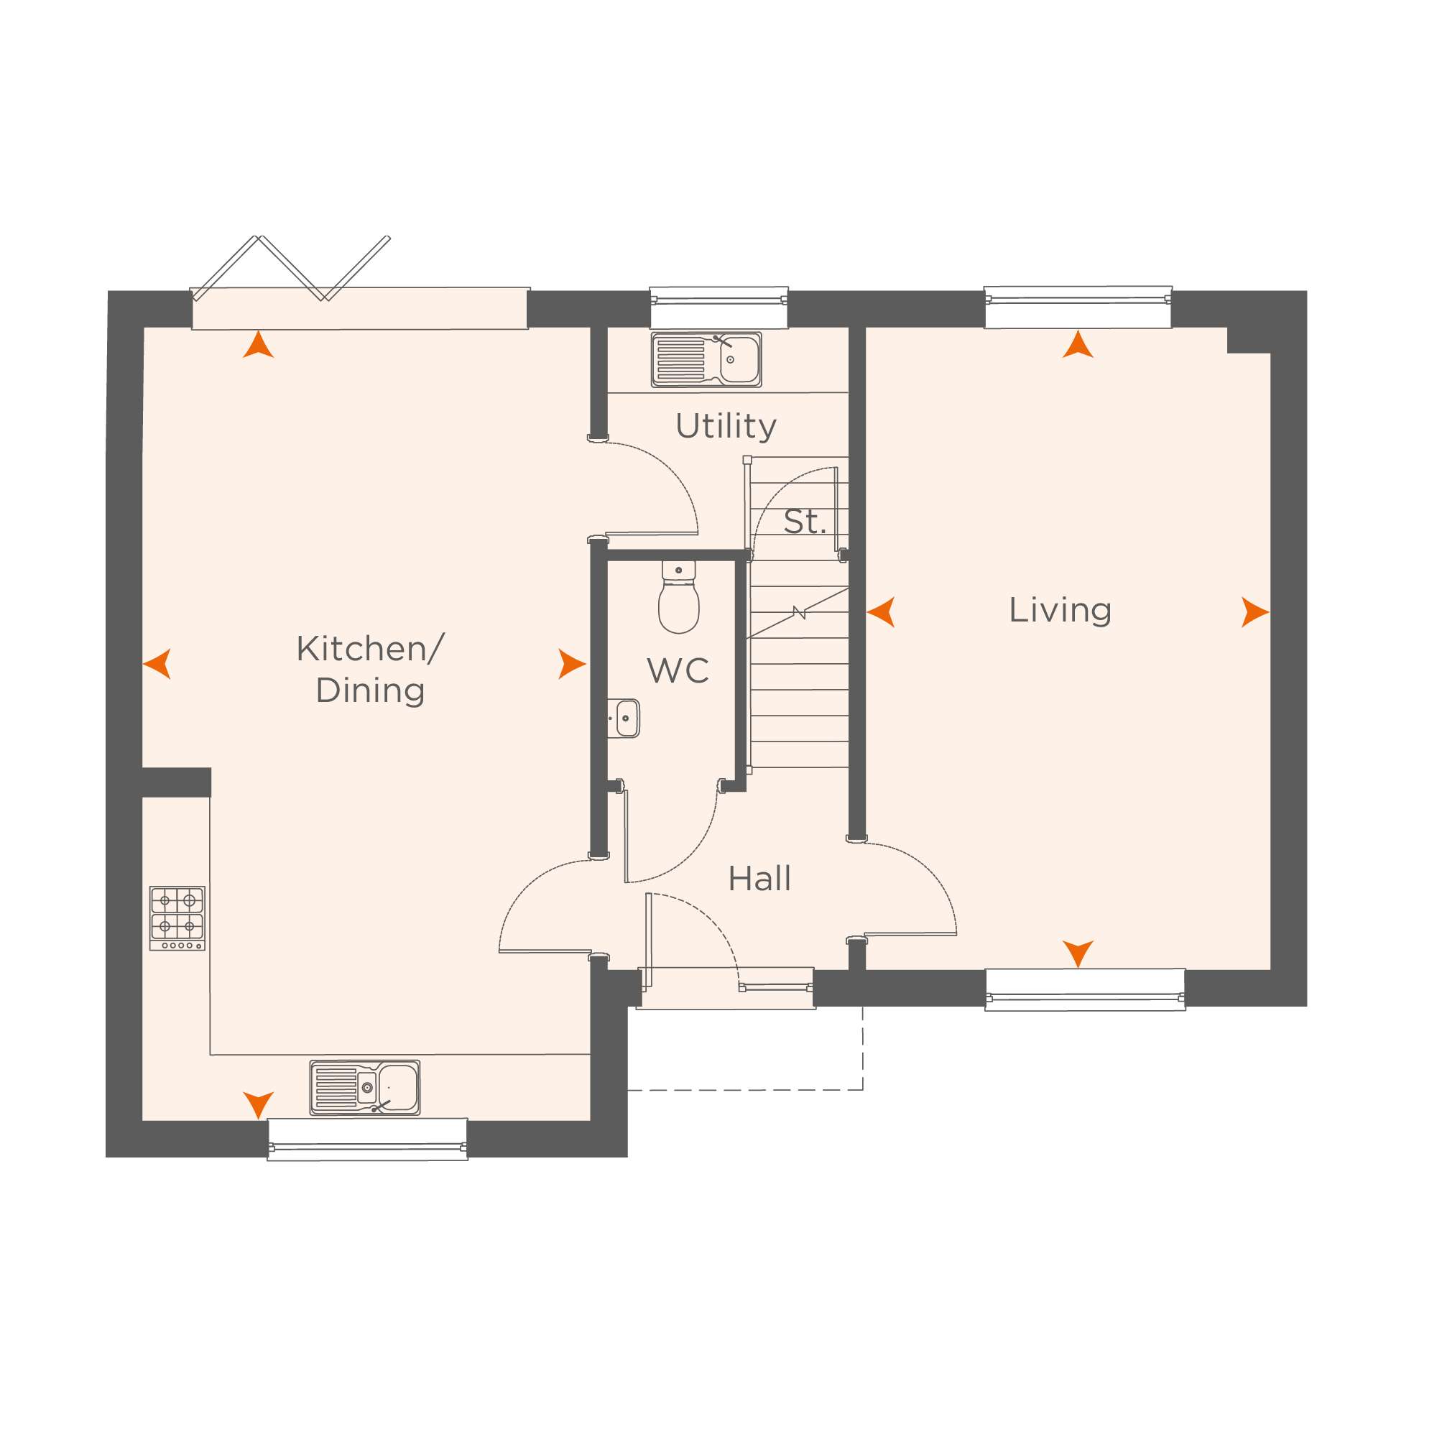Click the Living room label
[1060, 611]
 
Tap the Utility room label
[726, 426]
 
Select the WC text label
[678, 671]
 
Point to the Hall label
[759, 879]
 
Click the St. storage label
[805, 522]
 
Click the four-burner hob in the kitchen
[177, 918]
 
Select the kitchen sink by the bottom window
[364, 1087]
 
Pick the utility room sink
[706, 360]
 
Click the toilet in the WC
[678, 597]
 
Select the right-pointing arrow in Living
[1255, 612]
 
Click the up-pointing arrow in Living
[1078, 344]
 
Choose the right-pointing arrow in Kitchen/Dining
[572, 664]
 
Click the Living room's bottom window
[1085, 990]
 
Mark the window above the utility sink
[718, 308]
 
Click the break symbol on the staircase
[799, 613]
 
